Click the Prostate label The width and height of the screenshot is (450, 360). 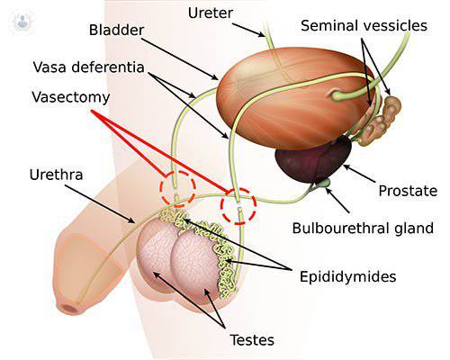coord(408,191)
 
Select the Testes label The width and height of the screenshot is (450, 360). coord(251,339)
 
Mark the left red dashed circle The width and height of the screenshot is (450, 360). coord(177,187)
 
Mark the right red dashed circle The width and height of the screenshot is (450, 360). coord(238,206)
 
